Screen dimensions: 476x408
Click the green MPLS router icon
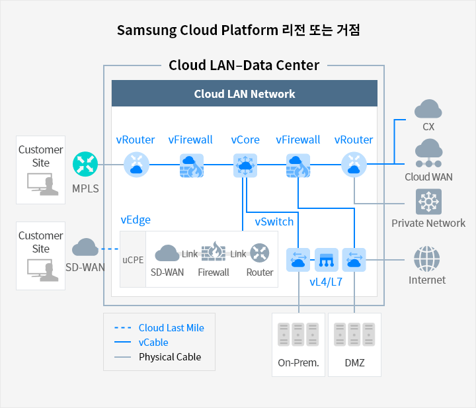point(85,164)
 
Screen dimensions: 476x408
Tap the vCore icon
point(245,165)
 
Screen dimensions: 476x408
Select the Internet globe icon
point(427,259)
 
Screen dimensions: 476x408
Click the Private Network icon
point(428,202)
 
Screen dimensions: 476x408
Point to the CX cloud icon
point(428,108)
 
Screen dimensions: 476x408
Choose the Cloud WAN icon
point(428,153)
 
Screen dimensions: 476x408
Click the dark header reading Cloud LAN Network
point(245,93)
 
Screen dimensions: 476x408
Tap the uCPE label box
point(133,259)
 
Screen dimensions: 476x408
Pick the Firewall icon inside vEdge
point(214,252)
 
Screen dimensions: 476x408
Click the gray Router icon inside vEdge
point(260,253)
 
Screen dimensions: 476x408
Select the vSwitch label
point(274,222)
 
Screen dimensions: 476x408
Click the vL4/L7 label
point(326,282)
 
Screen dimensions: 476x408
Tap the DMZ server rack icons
point(354,335)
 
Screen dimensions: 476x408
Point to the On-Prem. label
point(298,363)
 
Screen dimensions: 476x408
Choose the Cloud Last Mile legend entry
point(159,328)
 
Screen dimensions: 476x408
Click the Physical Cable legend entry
point(158,357)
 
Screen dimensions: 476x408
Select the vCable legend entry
point(141,343)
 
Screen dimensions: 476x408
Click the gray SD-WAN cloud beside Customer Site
point(85,247)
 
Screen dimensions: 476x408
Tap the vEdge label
point(136,220)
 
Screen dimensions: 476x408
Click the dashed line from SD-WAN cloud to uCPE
point(110,249)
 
